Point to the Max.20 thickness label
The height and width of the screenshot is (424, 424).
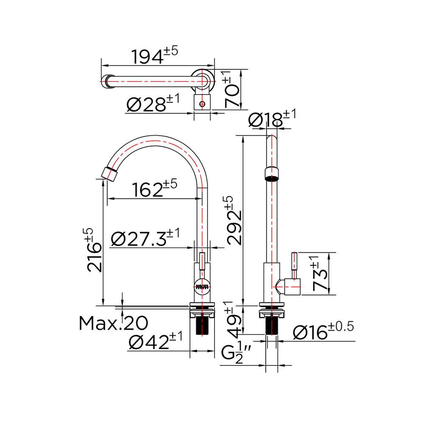(114, 324)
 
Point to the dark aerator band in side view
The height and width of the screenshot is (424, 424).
(272, 173)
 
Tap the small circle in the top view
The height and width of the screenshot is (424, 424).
(203, 103)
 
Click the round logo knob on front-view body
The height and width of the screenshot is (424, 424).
(203, 287)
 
